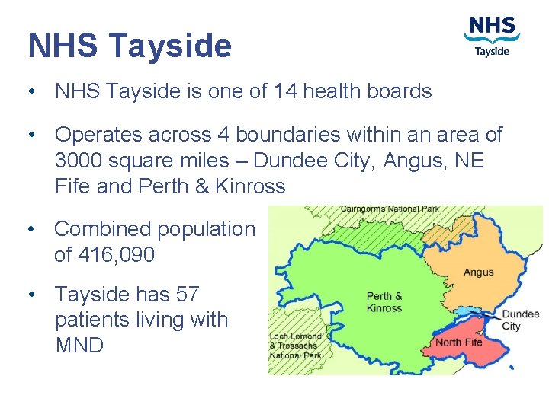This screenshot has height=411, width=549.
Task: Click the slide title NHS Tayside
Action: click(x=130, y=46)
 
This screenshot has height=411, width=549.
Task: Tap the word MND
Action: click(x=79, y=345)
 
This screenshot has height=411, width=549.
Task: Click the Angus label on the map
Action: click(x=478, y=272)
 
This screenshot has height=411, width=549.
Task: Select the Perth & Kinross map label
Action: click(x=384, y=302)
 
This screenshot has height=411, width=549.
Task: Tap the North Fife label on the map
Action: click(x=458, y=342)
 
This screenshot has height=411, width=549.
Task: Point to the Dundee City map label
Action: click(x=521, y=320)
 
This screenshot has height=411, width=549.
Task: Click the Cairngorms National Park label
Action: click(x=390, y=209)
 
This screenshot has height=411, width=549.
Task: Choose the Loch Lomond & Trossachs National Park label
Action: click(x=296, y=346)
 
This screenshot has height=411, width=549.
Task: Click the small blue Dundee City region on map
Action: click(x=466, y=313)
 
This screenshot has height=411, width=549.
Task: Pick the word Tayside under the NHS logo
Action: click(x=492, y=52)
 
